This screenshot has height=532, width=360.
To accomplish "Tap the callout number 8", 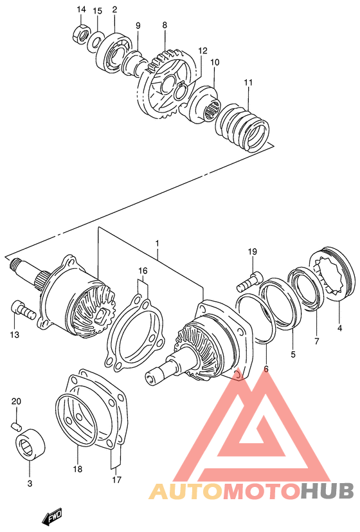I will click(x=165, y=25).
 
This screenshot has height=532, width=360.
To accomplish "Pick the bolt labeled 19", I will click(x=249, y=280).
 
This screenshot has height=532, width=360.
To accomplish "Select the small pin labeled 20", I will click(x=17, y=426).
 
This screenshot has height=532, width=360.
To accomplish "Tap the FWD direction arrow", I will click(x=51, y=517).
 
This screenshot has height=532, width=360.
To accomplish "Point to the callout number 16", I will click(x=142, y=271).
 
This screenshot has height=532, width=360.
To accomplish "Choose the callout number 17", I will click(x=115, y=479).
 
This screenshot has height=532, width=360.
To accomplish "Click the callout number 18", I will click(x=77, y=469).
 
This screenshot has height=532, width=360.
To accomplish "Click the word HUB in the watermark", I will click(x=327, y=491).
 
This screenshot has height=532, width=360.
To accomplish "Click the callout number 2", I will click(x=114, y=10).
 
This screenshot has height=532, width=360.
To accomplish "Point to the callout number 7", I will click(x=316, y=341).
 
